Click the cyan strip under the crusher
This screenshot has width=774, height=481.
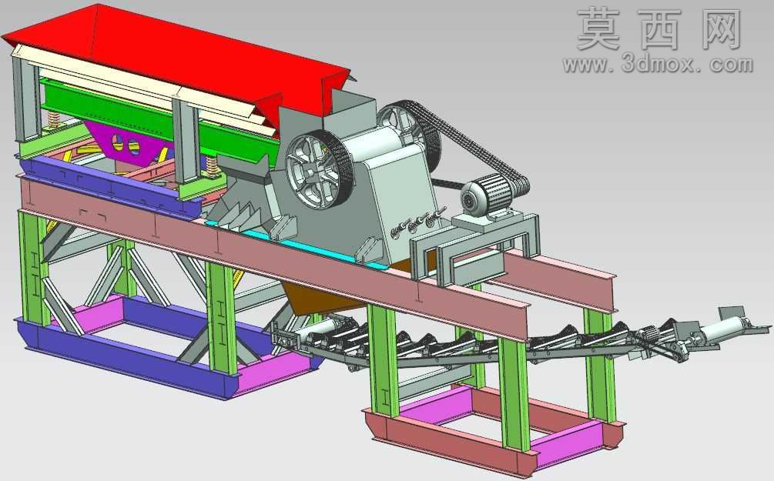[x=297, y=244]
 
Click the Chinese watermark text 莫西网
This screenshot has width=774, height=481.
[x=659, y=29]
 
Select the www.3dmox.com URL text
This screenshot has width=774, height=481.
[x=658, y=64]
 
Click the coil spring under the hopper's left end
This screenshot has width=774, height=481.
[x=53, y=120]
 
